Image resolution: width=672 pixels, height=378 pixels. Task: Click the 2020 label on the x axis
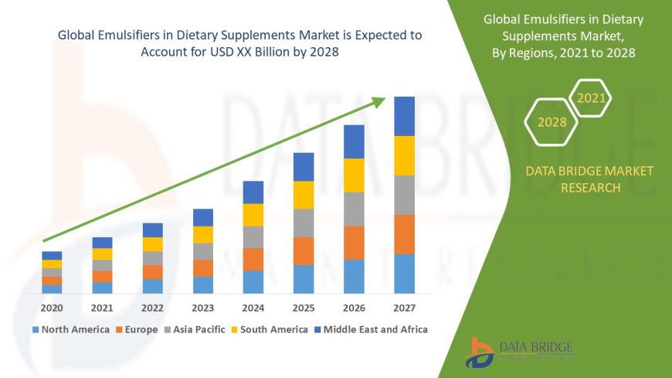(52, 308)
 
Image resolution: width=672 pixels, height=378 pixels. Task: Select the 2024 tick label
(253, 308)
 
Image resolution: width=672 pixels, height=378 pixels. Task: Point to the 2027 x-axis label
(404, 308)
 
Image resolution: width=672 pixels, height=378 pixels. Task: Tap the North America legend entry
(70, 329)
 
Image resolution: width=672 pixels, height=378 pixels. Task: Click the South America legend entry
(270, 329)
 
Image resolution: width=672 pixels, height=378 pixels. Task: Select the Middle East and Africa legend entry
(372, 329)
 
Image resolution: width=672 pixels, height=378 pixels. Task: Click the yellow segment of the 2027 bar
(404, 155)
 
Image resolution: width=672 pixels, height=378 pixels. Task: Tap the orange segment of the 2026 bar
(354, 243)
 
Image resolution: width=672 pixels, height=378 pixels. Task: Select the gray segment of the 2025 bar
(304, 223)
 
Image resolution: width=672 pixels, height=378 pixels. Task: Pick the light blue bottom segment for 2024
(253, 282)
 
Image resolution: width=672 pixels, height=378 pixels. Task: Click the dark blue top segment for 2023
(203, 217)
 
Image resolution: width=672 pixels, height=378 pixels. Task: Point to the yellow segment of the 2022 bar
(153, 244)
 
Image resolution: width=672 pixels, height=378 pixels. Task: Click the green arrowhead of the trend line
(378, 101)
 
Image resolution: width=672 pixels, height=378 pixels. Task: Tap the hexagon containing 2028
(552, 122)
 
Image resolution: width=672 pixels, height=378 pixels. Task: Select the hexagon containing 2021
(591, 98)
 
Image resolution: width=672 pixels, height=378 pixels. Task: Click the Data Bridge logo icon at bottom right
(480, 352)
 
